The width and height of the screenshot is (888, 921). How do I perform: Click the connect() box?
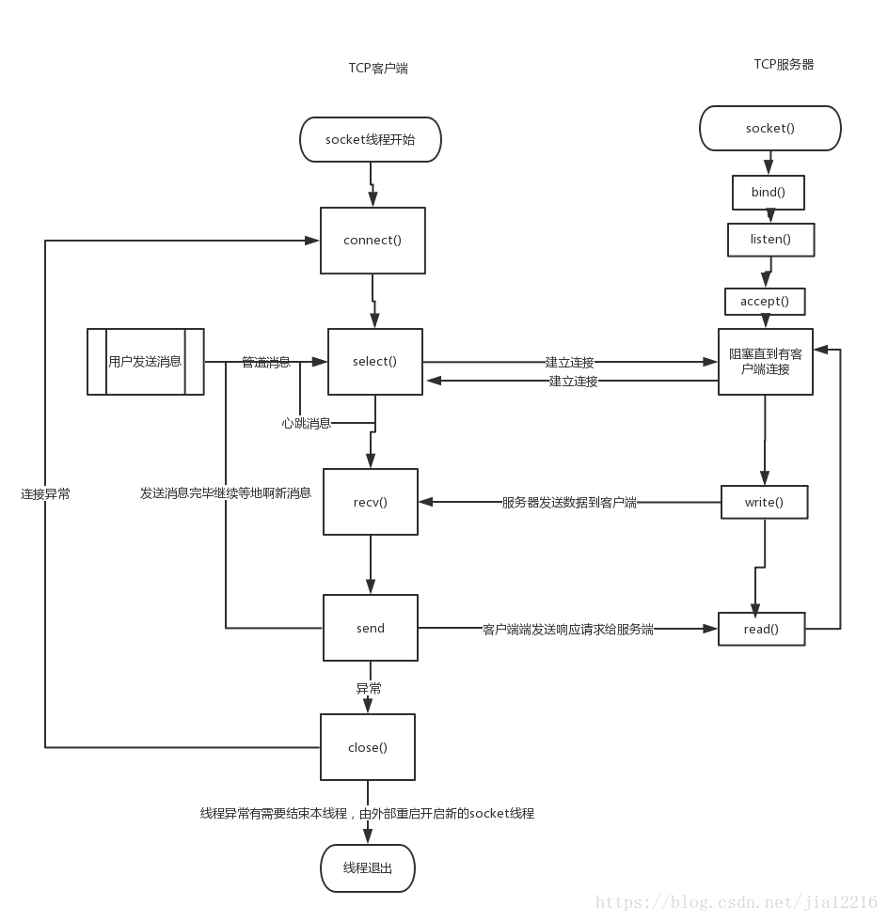[373, 241]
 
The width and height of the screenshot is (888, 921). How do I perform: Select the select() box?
[374, 362]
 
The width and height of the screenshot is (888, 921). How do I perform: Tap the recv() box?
[371, 502]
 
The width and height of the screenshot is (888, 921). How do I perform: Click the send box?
[371, 628]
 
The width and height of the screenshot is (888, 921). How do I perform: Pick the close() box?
[368, 747]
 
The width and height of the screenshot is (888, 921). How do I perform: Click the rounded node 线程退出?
[368, 867]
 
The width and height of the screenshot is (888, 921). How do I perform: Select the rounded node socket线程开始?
[370, 140]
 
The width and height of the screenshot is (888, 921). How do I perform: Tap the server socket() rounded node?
[769, 128]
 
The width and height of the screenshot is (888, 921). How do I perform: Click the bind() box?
[768, 193]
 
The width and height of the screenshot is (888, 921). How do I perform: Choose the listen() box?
[770, 240]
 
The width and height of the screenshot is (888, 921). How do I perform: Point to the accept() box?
[765, 302]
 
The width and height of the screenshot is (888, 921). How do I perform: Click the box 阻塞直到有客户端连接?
[765, 362]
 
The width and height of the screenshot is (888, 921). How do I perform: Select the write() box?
[764, 502]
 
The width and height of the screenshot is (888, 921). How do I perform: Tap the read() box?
[761, 629]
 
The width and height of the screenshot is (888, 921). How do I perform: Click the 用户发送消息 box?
[145, 362]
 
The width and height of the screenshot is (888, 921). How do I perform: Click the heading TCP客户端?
[378, 69]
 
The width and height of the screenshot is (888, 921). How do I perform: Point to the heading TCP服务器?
[784, 64]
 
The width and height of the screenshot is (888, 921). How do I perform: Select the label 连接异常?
[45, 493]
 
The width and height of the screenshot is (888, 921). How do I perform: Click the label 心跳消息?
[307, 424]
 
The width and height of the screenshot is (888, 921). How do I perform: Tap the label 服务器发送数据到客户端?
[569, 503]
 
